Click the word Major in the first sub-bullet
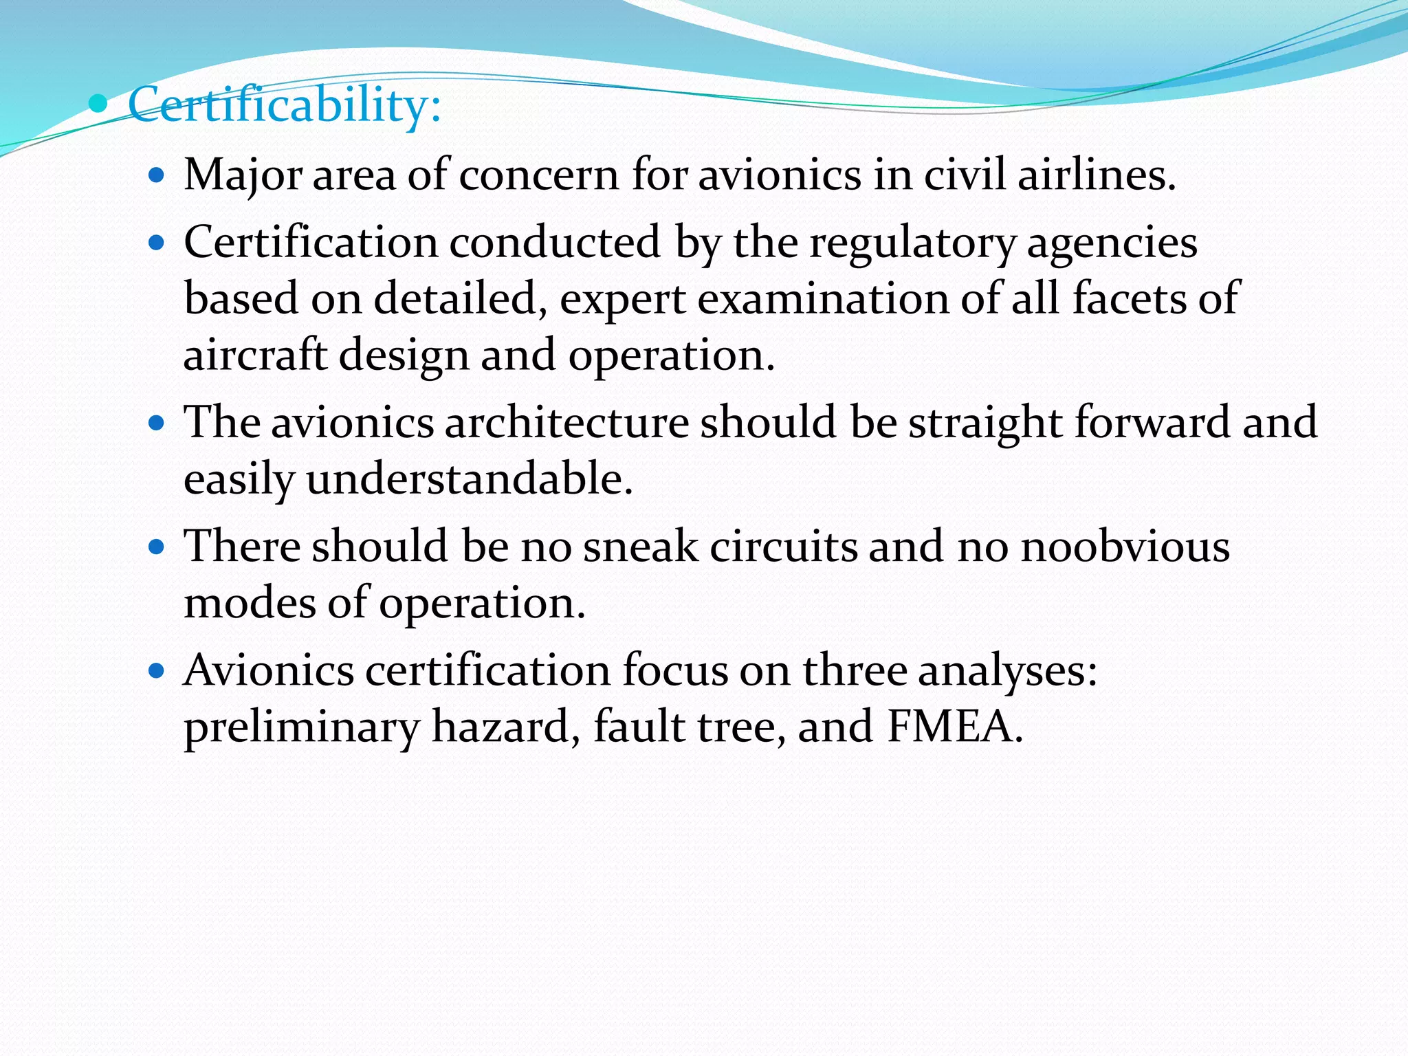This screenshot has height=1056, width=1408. [x=243, y=175]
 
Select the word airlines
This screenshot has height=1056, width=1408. [x=1097, y=175]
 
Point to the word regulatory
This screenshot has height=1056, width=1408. [x=912, y=243]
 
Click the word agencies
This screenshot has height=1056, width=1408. [x=1112, y=243]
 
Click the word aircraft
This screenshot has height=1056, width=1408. [x=255, y=355]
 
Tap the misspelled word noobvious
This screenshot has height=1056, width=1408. [x=1125, y=547]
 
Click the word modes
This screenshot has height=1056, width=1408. [x=250, y=603]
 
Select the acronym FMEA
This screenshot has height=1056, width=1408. [x=954, y=727]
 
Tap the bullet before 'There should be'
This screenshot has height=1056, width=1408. [x=157, y=547]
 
